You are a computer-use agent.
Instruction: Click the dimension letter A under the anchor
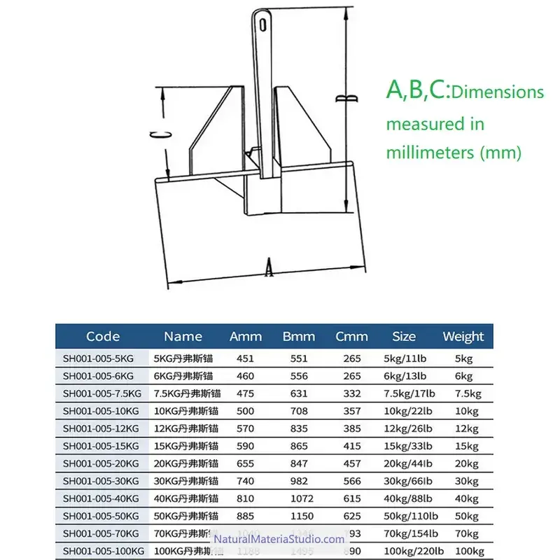(x=269, y=268)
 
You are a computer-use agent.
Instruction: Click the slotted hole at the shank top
(x=263, y=25)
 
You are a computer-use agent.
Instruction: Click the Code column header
(x=103, y=337)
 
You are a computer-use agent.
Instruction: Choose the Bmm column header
(x=299, y=337)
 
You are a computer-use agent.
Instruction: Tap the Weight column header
(x=463, y=337)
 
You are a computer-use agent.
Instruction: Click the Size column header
(x=404, y=337)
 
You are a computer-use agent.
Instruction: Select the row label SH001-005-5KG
(x=97, y=358)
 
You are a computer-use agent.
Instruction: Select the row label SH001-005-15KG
(x=100, y=446)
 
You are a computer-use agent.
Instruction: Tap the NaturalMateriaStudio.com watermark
(x=279, y=539)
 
